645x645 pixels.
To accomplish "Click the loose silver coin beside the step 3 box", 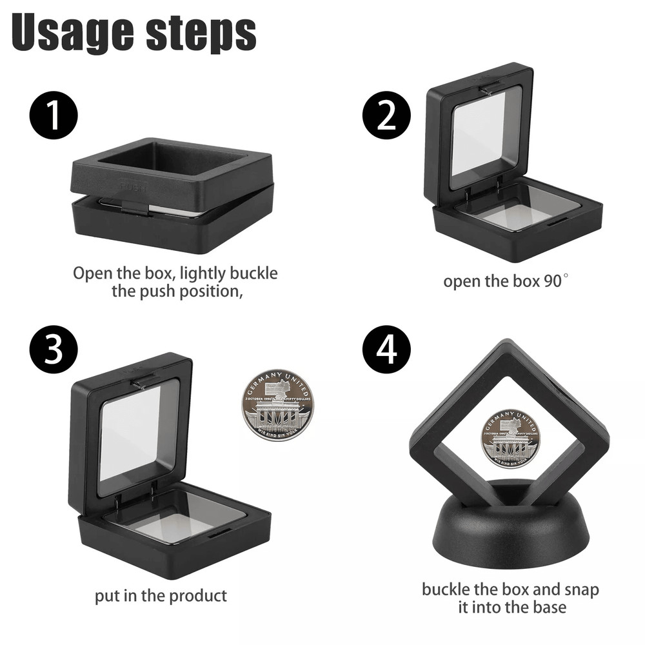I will pyautogui.click(x=277, y=404).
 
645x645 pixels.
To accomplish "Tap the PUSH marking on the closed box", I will pyautogui.click(x=133, y=186).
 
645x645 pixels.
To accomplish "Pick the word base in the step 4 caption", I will pyautogui.click(x=548, y=607).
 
